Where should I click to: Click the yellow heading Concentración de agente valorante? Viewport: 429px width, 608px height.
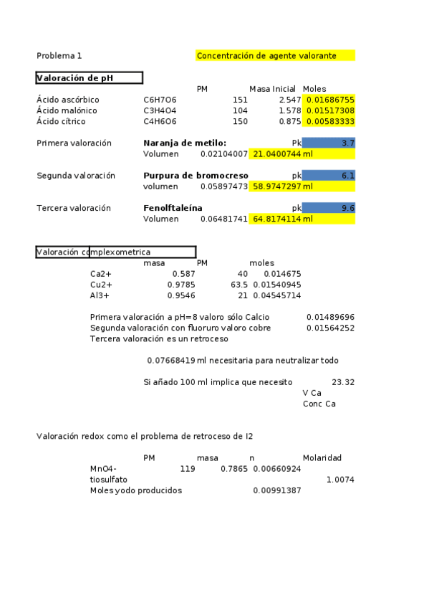click(275, 55)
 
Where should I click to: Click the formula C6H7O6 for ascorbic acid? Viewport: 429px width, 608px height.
click(160, 100)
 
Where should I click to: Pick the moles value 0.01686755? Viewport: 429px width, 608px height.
click(329, 100)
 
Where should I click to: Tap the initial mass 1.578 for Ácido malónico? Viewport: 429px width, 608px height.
click(283, 111)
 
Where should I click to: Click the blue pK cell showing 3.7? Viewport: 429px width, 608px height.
click(329, 143)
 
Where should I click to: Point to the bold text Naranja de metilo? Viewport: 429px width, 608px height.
click(185, 143)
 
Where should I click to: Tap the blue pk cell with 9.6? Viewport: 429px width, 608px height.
click(329, 208)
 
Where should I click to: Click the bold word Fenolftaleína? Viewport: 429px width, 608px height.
click(173, 208)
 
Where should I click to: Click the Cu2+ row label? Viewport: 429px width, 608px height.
click(101, 285)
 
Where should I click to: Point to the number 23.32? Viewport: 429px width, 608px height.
click(343, 382)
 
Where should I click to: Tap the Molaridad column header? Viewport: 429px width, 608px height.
click(322, 457)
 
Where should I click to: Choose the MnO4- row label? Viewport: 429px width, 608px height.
click(103, 468)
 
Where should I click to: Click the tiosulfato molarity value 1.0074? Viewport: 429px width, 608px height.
click(339, 479)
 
